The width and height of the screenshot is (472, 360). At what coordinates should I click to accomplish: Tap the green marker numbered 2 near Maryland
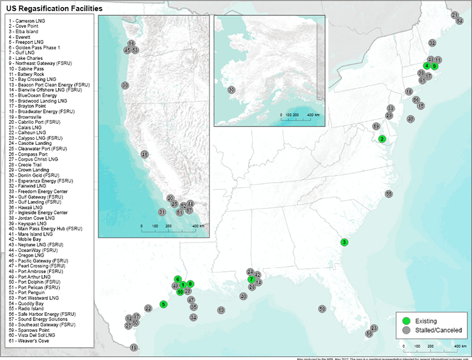click(382, 139)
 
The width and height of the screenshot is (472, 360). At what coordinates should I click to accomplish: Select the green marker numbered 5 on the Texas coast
click(164, 304)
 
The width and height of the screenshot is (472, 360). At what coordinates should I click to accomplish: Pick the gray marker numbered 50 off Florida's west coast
click(322, 309)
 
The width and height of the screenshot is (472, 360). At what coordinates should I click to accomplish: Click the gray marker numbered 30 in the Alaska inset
click(231, 90)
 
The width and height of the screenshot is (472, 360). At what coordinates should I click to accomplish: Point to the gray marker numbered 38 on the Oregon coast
click(125, 85)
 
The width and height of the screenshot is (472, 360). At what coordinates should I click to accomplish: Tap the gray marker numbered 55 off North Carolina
click(388, 193)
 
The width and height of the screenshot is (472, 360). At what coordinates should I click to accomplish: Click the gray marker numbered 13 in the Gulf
click(221, 310)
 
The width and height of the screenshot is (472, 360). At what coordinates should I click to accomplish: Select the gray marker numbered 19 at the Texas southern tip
click(134, 348)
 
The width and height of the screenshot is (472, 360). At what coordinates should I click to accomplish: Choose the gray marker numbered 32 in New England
click(432, 43)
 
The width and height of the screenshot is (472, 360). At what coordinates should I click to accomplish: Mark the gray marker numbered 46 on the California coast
click(145, 154)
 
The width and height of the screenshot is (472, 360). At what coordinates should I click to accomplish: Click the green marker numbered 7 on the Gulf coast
click(251, 280)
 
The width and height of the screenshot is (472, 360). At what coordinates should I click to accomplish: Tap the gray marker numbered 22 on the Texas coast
click(148, 308)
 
